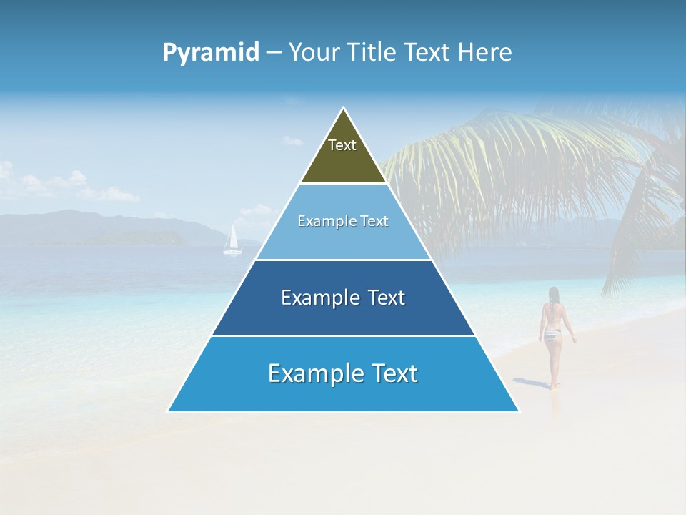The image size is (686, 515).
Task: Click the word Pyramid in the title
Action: [x=210, y=53]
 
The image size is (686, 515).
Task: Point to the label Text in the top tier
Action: [x=342, y=145]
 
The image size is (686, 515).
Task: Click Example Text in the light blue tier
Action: [x=343, y=221]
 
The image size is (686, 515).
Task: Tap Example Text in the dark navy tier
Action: [x=343, y=298]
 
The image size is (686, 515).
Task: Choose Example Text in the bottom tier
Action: [x=343, y=373]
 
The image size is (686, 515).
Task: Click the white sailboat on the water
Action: [x=232, y=241]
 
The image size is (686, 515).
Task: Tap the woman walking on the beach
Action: [x=552, y=333]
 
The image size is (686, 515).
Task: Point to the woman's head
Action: [x=553, y=293]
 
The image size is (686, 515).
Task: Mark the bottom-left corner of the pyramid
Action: [x=168, y=411]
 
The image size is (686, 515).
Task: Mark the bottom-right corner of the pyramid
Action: [x=519, y=411]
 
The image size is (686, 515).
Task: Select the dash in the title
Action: [x=273, y=53]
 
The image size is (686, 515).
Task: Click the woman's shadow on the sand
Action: [x=536, y=383]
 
